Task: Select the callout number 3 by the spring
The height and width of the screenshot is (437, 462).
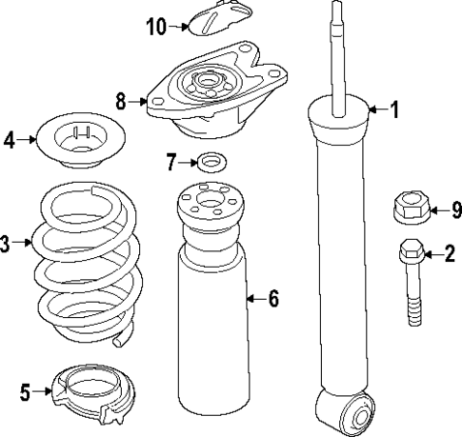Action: point(6,244)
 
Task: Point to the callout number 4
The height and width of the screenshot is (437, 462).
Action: point(10,140)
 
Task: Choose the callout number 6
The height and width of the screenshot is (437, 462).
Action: point(272,299)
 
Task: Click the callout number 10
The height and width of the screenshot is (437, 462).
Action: point(156,27)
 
